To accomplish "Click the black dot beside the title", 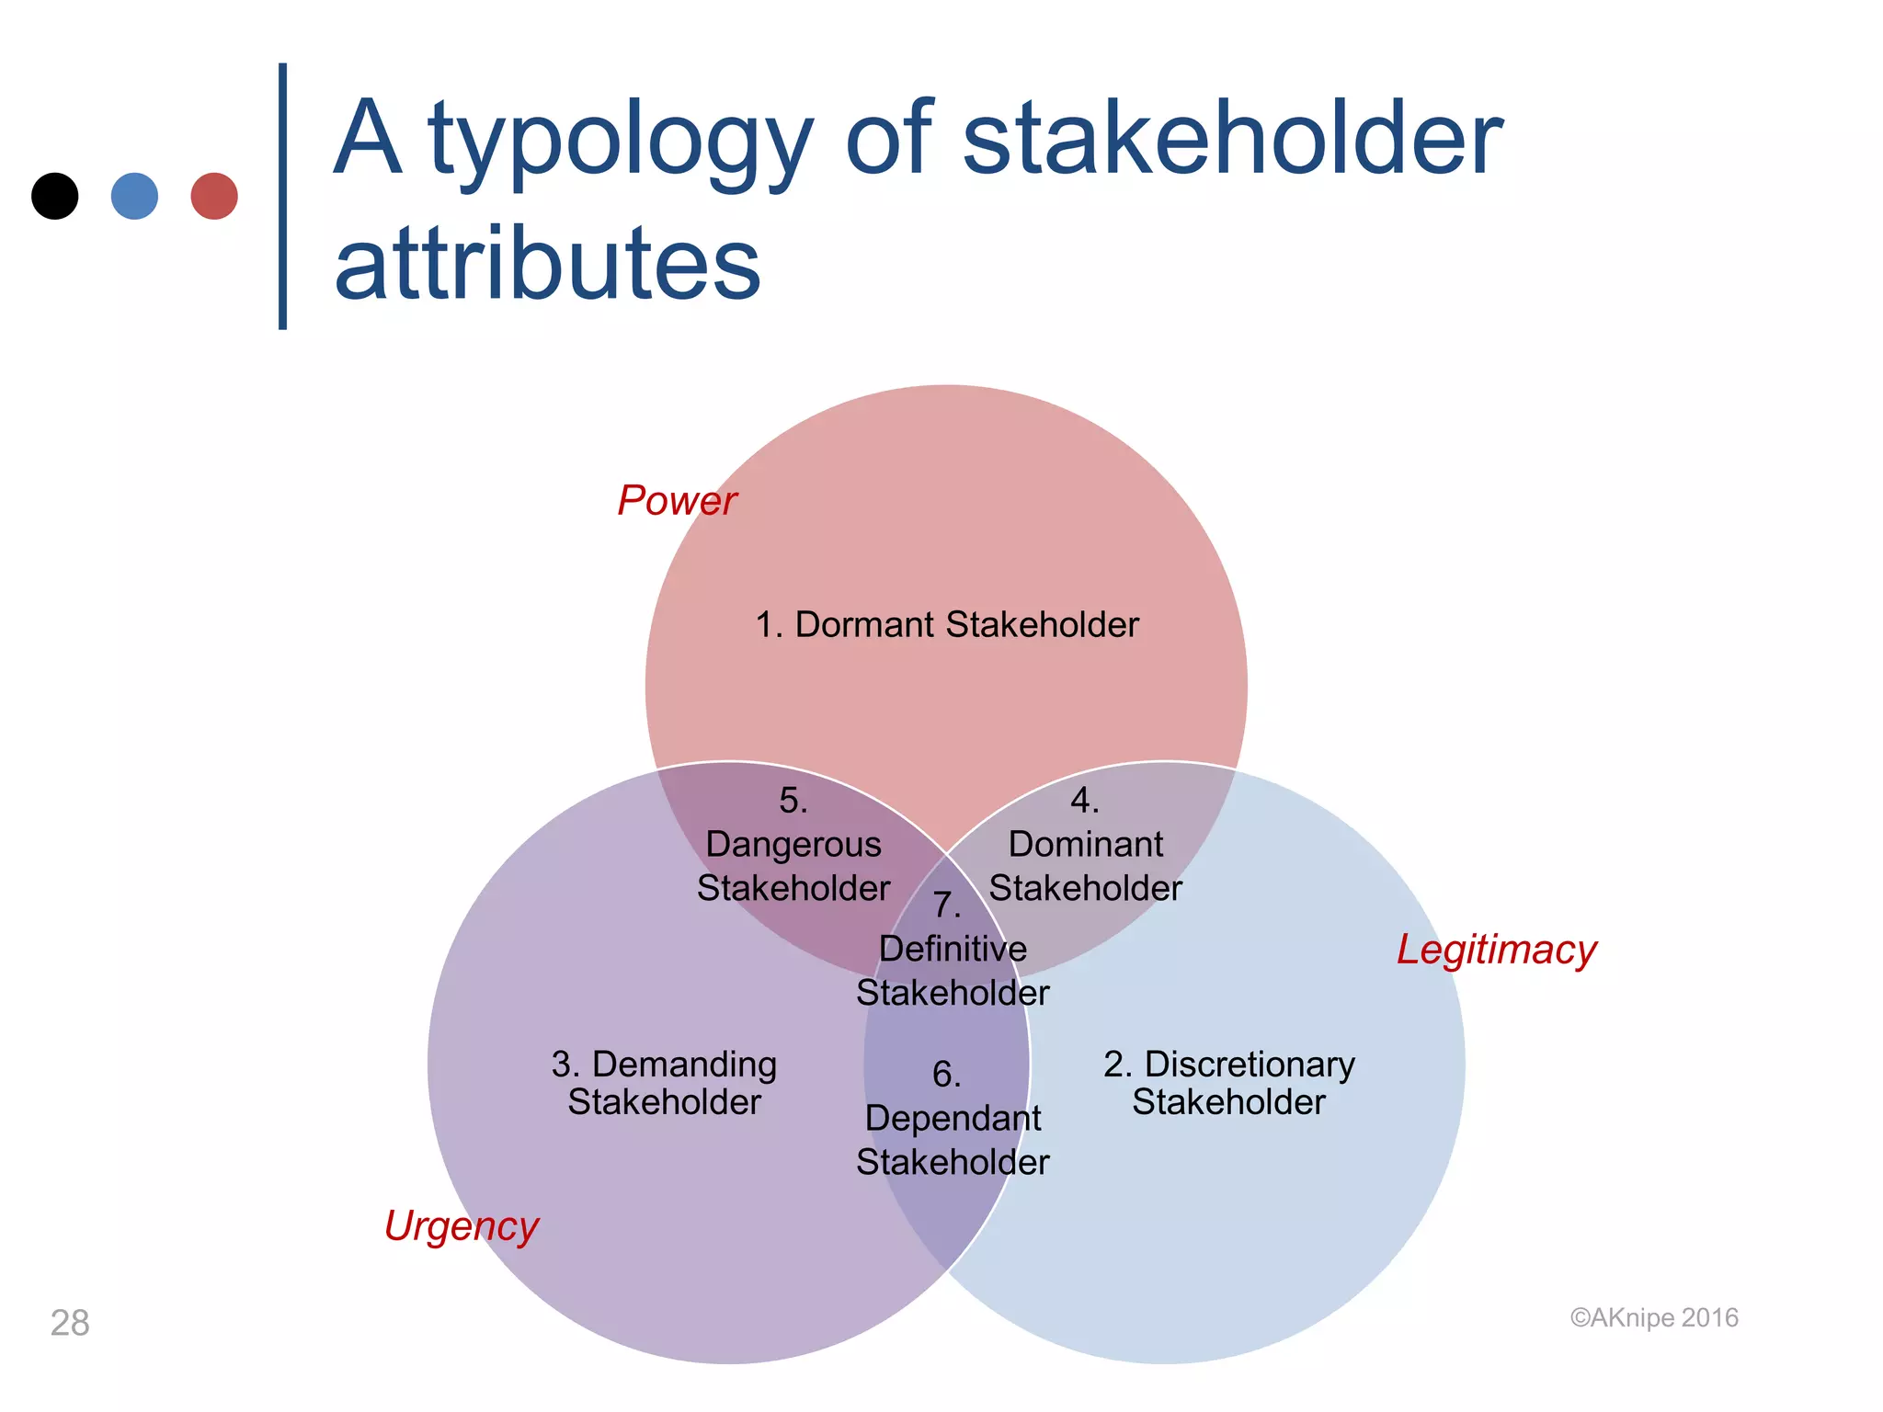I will (55, 196).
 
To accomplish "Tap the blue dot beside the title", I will (134, 196).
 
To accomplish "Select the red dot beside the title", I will (214, 196).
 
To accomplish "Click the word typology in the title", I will (620, 142).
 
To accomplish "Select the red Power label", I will (677, 501).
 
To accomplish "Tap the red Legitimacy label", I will (1496, 951).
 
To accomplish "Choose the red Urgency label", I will (461, 1226).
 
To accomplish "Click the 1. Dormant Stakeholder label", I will (946, 625).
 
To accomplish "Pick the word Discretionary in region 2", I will (1249, 1065).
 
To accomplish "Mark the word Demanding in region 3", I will (684, 1065).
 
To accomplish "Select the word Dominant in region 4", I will (1085, 844).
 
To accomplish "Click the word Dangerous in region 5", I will (793, 844).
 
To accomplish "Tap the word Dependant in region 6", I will (953, 1119).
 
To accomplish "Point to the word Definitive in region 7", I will (953, 949).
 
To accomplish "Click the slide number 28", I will (70, 1323).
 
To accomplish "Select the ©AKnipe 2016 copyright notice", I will (1653, 1318).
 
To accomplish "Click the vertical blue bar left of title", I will (282, 196).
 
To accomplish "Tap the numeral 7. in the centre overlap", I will (946, 905).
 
